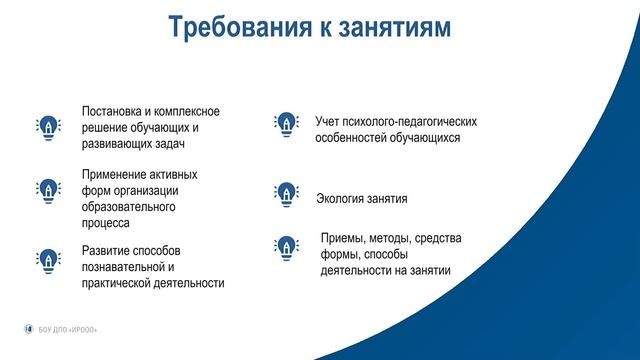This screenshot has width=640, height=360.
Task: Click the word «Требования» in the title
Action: [x=240, y=27]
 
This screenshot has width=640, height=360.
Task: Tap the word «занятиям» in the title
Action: [x=395, y=28]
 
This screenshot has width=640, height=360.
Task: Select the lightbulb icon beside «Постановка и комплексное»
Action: [x=48, y=128]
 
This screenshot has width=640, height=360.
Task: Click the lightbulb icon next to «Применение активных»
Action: [x=48, y=191]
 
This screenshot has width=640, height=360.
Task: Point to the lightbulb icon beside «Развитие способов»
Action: [x=48, y=261]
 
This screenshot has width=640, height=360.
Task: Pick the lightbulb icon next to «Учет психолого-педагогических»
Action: [x=286, y=124]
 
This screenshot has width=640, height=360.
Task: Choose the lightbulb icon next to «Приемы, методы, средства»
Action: [x=286, y=248]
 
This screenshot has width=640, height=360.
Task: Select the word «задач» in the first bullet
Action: [x=170, y=144]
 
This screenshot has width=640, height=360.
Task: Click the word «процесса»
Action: [x=105, y=224]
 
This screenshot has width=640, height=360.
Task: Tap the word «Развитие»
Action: [x=105, y=251]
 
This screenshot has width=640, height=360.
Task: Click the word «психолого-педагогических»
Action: [x=409, y=122]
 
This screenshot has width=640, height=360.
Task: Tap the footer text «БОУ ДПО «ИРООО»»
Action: [x=68, y=330]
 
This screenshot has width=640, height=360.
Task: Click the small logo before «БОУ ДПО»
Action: [x=29, y=329]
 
